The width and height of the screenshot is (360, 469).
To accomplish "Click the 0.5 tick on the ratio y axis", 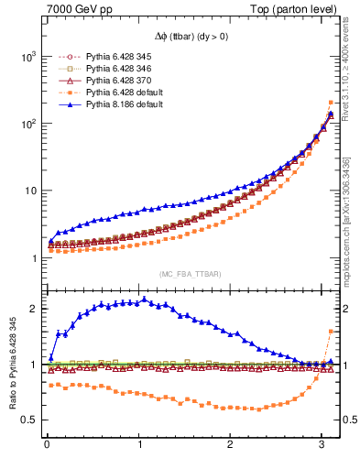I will click(27, 420).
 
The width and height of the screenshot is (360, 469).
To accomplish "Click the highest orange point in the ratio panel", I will click(331, 331).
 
